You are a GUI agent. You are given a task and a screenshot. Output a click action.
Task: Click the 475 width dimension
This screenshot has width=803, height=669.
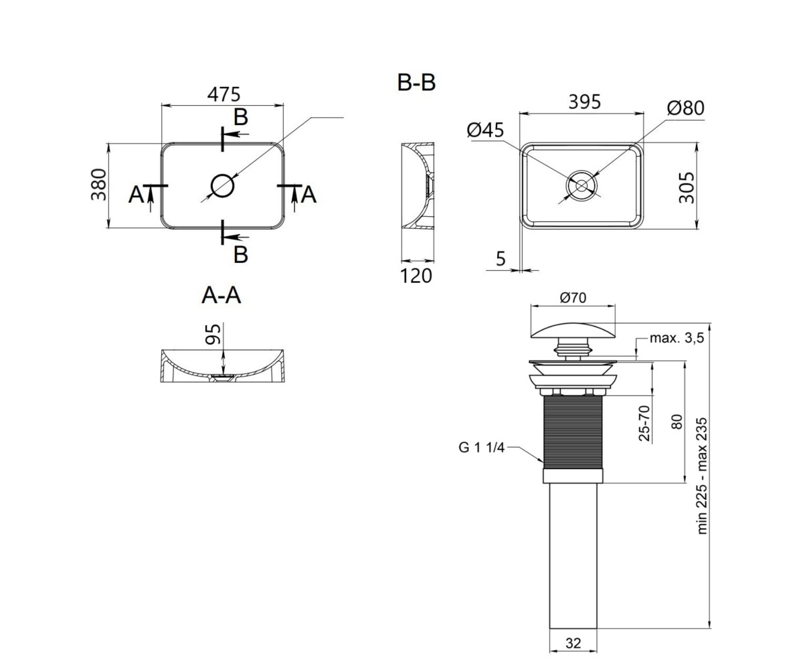coord(224,94)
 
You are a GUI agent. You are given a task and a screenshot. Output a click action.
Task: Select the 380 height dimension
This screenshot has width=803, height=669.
coord(99,185)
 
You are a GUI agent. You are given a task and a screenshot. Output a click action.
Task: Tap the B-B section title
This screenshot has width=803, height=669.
coord(416,83)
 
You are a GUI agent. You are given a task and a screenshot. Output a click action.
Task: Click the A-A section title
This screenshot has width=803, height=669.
coord(221,296)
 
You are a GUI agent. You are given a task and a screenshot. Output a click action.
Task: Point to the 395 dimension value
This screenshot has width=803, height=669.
coord(585,102)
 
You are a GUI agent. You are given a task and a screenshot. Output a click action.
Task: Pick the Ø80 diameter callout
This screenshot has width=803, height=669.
coord(686,108)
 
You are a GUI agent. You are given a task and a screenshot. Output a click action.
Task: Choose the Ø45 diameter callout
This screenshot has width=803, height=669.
coord(485,130)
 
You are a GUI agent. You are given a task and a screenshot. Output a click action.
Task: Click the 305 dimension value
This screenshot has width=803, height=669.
coord(687,187)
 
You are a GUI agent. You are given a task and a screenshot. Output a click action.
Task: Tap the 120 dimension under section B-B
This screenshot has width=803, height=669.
coord(416,276)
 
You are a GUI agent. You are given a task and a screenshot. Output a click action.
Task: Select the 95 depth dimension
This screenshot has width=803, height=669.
coord(213,334)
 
